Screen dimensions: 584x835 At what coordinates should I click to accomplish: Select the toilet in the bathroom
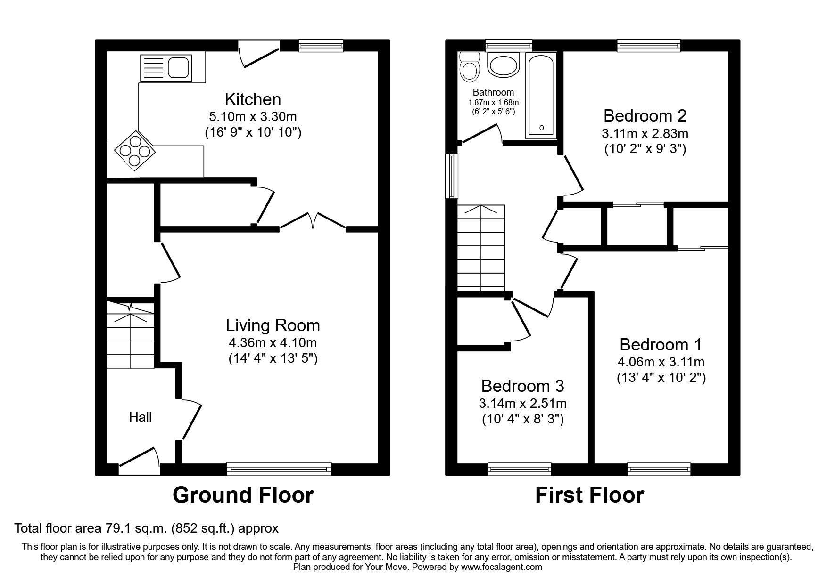click(469, 67)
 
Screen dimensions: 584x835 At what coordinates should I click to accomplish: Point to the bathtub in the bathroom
click(541, 96)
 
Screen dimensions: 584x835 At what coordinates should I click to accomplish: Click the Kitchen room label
click(253, 99)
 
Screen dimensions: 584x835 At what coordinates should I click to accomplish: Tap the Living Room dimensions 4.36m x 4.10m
click(273, 342)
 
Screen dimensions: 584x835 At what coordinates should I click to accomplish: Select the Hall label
click(141, 417)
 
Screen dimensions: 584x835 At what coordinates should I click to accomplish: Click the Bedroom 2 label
click(645, 115)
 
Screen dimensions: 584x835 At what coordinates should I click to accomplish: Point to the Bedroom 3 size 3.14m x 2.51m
click(522, 404)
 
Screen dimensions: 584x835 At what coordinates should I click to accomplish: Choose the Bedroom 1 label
click(661, 345)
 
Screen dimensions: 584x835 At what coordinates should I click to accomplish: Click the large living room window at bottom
click(279, 469)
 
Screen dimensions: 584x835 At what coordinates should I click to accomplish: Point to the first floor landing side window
click(452, 176)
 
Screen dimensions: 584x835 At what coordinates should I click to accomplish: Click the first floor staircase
click(481, 248)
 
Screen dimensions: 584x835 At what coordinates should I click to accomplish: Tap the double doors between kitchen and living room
click(313, 221)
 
